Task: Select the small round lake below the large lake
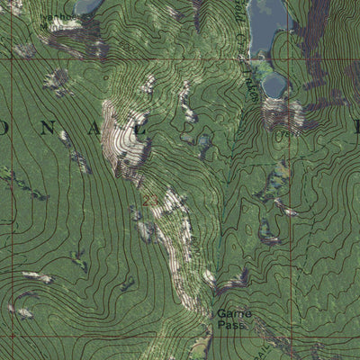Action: pyautogui.click(x=275, y=85)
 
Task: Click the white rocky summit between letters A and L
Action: pyautogui.click(x=126, y=135)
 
